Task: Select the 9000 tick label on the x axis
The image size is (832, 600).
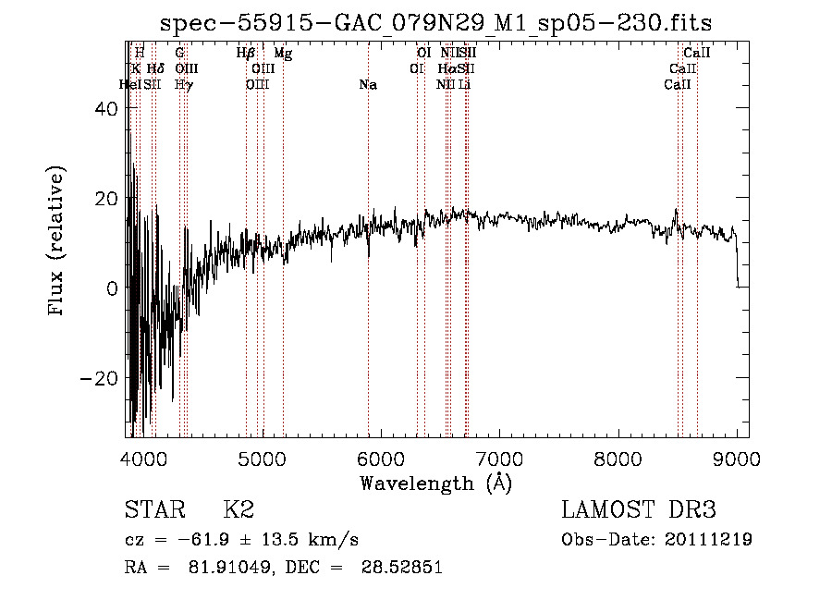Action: tap(737, 458)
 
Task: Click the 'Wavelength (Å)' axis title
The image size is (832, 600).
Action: tap(435, 483)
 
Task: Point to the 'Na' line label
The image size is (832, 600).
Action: tap(368, 85)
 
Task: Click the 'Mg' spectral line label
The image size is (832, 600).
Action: tap(283, 54)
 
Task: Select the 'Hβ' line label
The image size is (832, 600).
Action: tap(246, 54)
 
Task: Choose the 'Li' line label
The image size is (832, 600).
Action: tap(465, 85)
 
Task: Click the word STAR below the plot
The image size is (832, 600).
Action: tap(153, 510)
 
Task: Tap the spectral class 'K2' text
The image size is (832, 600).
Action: tap(239, 510)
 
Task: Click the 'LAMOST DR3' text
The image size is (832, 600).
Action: tap(639, 510)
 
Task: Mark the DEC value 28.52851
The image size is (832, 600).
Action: tap(403, 568)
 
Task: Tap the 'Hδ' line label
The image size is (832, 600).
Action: tap(155, 69)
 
